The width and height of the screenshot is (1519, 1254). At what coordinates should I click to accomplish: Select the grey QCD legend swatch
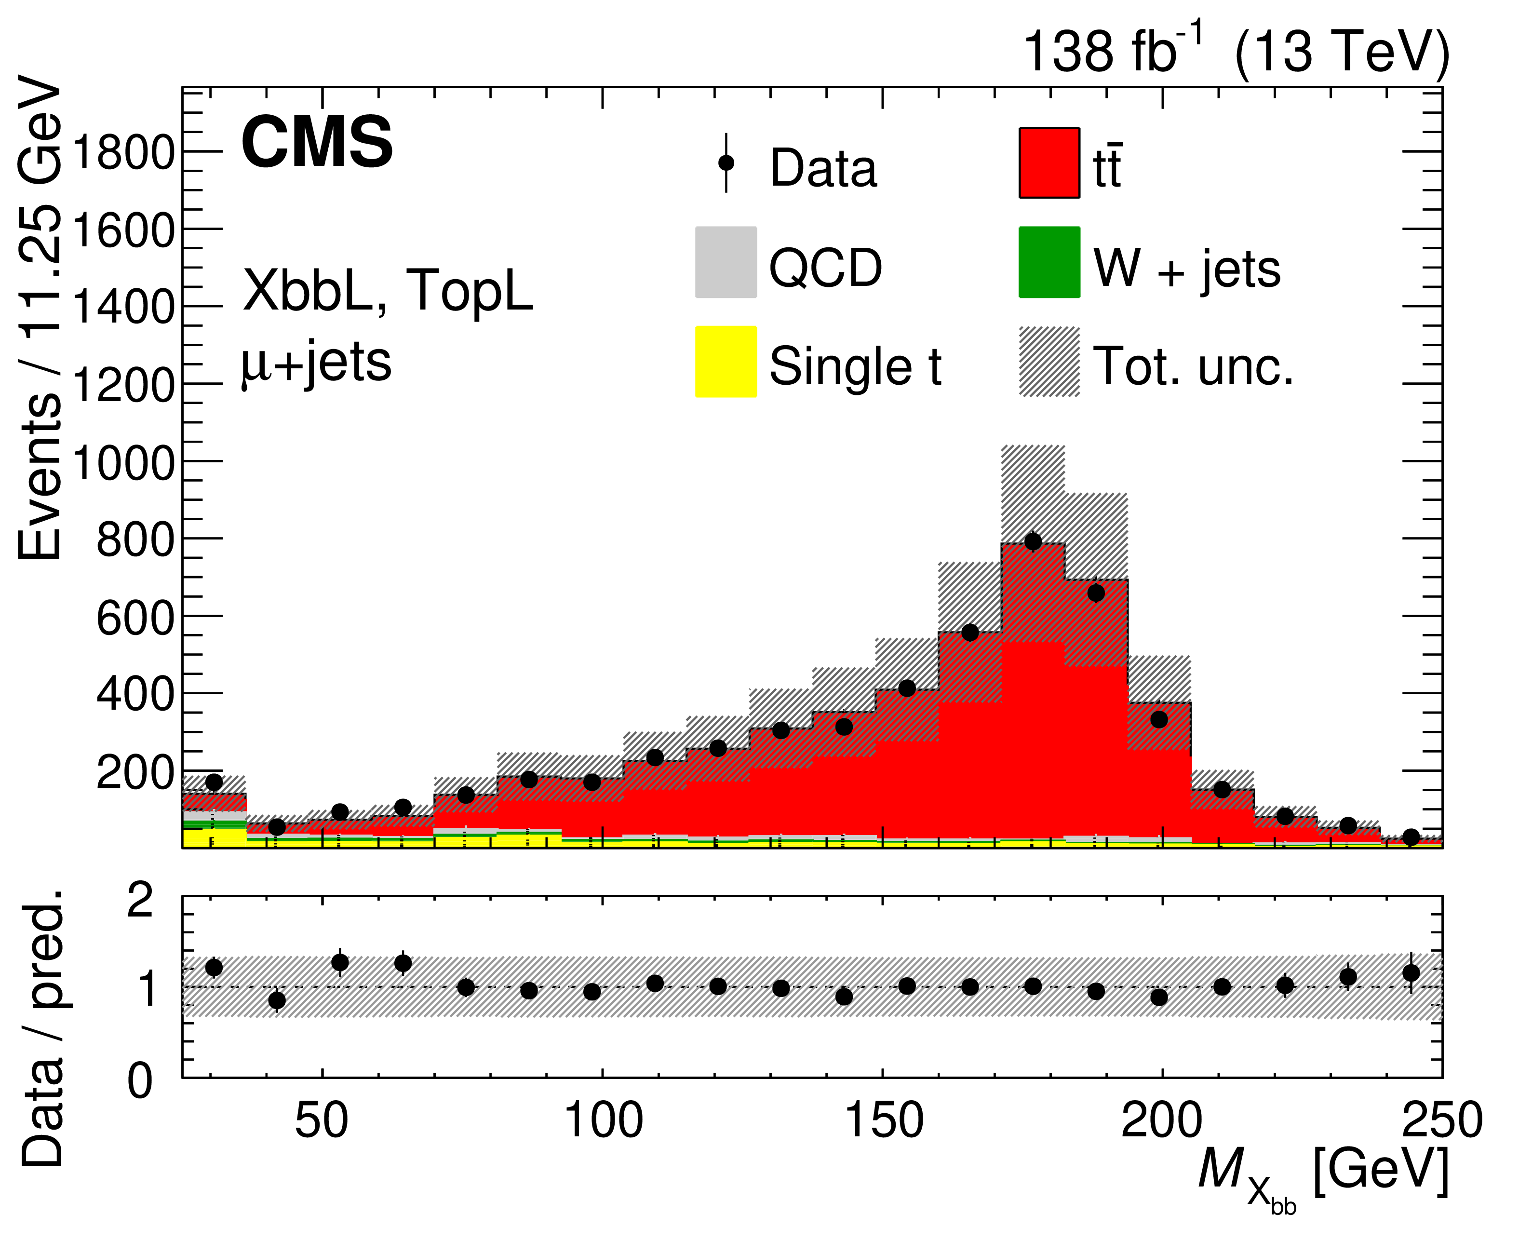[725, 262]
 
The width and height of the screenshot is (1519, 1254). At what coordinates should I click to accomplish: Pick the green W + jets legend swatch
[1049, 262]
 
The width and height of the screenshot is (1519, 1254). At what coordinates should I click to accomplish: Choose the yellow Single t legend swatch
[725, 361]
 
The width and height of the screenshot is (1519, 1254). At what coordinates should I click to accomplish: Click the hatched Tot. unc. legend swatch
[1049, 361]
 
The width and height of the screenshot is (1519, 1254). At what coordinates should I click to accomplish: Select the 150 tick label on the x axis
[883, 1121]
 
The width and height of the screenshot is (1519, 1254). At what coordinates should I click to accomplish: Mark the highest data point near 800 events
[1033, 541]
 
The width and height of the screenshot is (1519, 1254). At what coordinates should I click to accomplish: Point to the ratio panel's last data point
[1411, 973]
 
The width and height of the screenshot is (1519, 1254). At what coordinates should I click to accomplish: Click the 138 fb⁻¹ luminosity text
[1112, 51]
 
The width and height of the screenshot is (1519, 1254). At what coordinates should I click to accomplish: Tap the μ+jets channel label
[316, 361]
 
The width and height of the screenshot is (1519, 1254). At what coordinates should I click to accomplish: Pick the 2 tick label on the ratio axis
[140, 901]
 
